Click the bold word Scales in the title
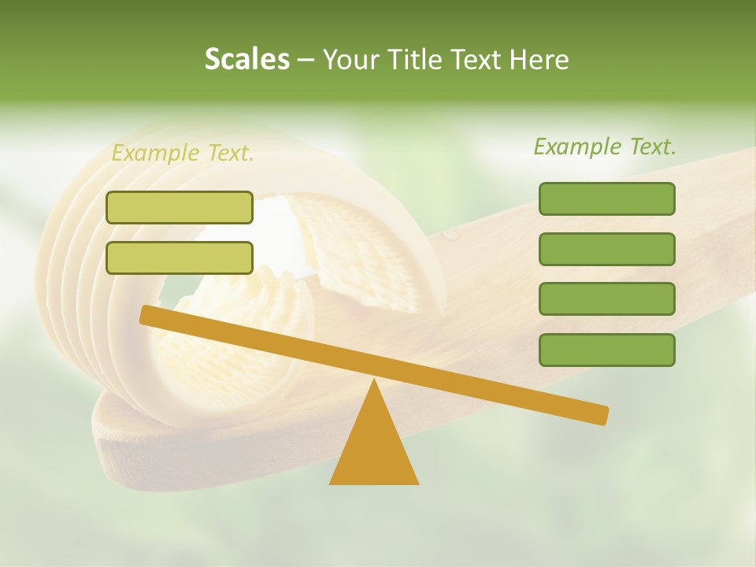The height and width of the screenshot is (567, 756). tap(246, 59)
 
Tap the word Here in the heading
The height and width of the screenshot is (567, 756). tap(539, 59)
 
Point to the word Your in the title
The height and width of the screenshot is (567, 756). tap(350, 59)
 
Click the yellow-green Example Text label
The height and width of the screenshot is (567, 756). tap(183, 153)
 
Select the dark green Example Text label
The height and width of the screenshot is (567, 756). tap(605, 146)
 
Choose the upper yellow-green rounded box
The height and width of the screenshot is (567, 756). tap(180, 207)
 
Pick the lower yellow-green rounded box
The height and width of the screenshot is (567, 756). tap(180, 258)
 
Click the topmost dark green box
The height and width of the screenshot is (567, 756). tap(606, 198)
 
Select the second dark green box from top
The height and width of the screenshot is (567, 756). tap(606, 249)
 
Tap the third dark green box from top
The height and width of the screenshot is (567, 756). tap(606, 298)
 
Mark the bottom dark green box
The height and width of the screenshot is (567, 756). tap(606, 350)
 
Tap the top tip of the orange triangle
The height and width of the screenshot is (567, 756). tap(374, 380)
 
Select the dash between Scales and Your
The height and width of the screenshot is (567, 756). tap(306, 60)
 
